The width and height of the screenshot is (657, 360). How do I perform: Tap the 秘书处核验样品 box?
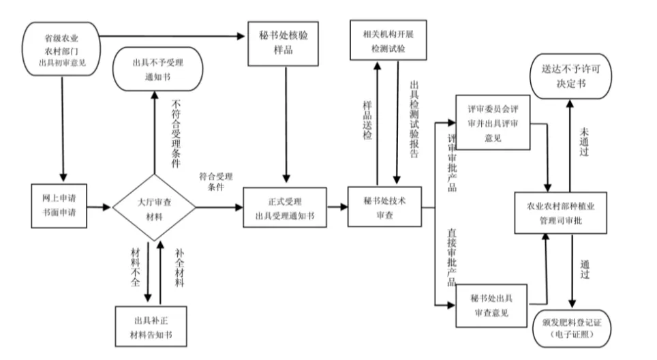(281, 44)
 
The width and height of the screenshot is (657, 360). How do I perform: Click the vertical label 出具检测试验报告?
(413, 119)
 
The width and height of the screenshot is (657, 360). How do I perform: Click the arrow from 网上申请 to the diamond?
(100, 205)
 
